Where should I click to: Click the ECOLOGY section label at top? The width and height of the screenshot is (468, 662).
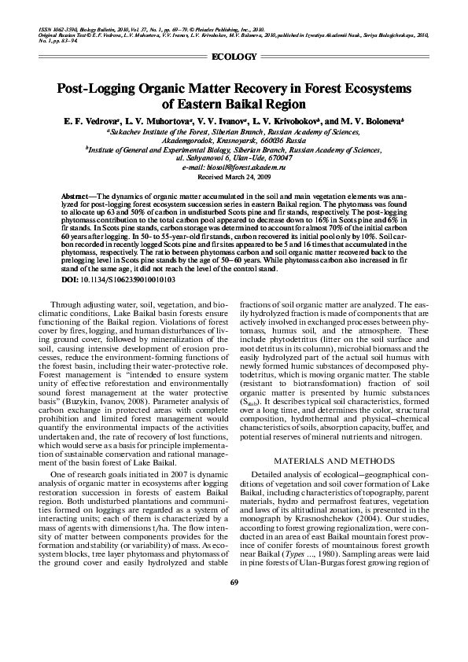click(x=234, y=56)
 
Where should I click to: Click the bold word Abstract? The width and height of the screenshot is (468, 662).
click(x=75, y=193)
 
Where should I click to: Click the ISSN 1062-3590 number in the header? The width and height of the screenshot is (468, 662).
click(x=64, y=30)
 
